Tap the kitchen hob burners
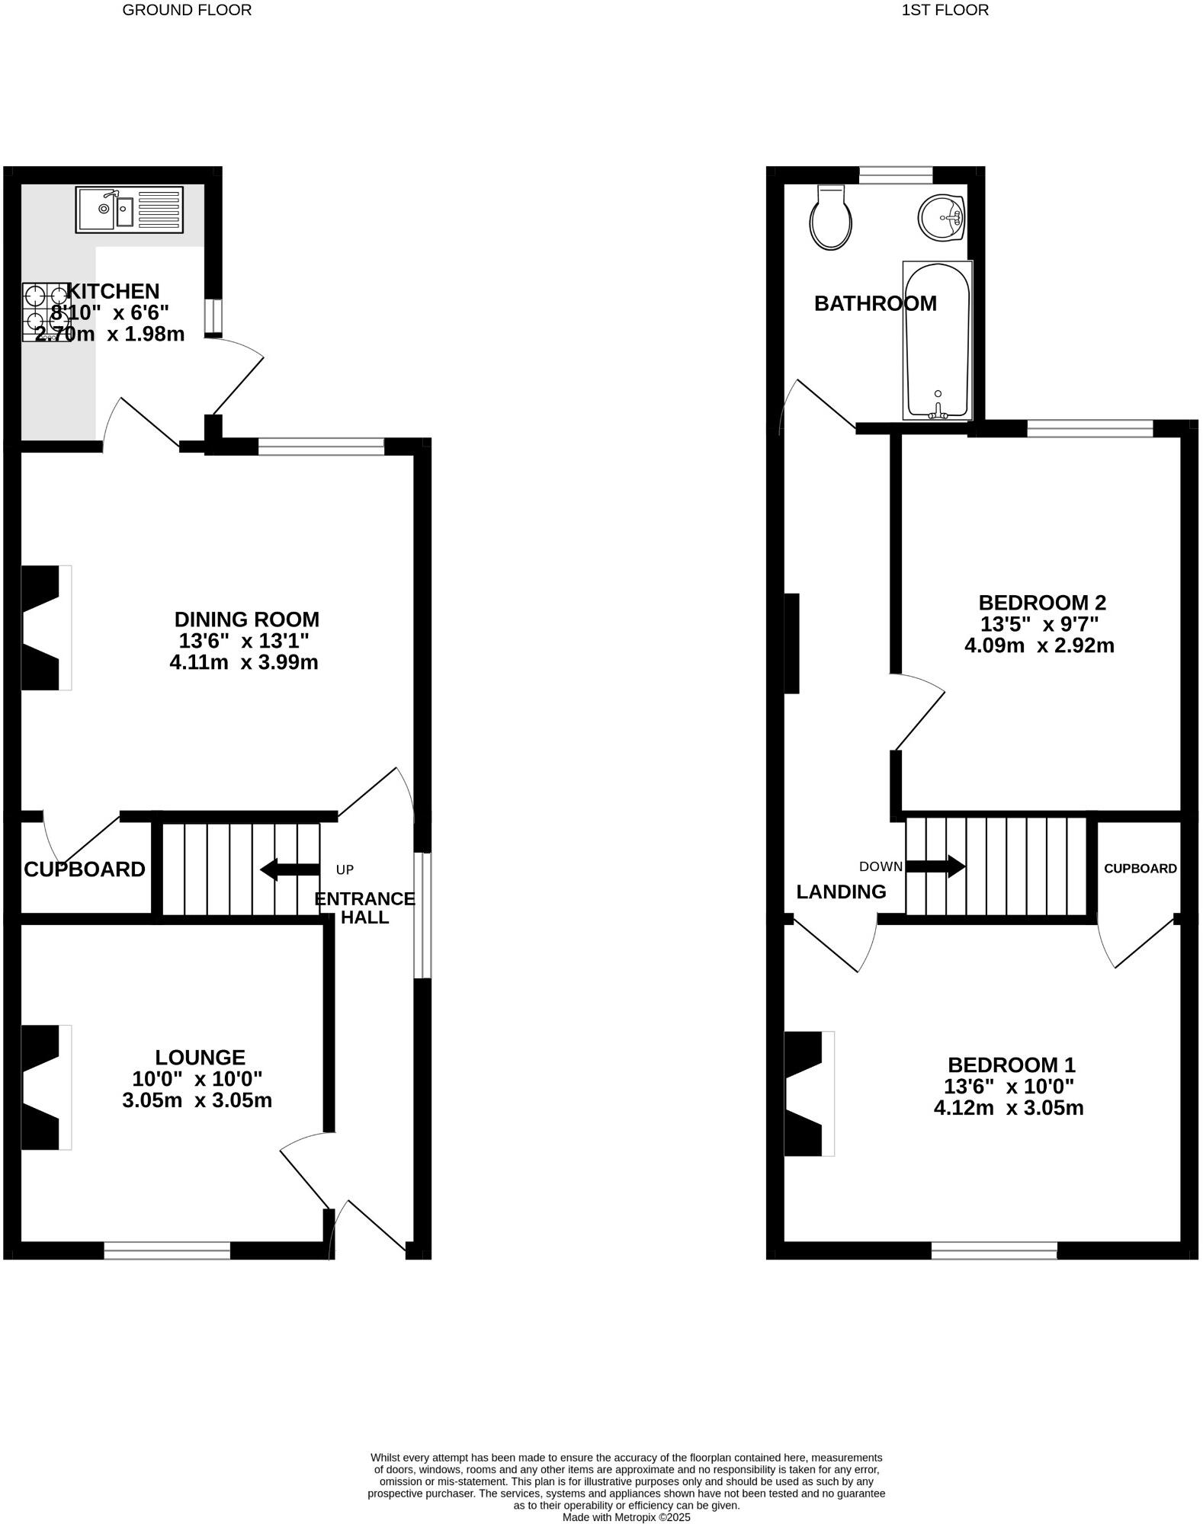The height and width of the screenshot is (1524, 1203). tap(46, 312)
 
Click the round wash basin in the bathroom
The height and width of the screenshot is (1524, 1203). tap(942, 217)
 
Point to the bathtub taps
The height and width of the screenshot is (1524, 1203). tap(938, 411)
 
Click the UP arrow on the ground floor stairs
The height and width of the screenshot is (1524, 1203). tap(290, 869)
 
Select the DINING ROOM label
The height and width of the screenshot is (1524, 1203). tap(246, 619)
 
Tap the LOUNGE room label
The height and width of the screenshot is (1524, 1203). tap(200, 1057)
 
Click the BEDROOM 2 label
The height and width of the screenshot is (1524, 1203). tap(1041, 603)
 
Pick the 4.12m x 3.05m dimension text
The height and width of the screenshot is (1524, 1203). tap(1008, 1108)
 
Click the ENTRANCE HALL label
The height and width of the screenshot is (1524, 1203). tap(364, 908)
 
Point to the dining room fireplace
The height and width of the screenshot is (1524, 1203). tap(44, 628)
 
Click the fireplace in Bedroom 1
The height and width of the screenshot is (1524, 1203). tap(808, 1093)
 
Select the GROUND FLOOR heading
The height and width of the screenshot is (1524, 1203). tap(187, 10)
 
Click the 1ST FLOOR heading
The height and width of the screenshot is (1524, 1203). tap(945, 10)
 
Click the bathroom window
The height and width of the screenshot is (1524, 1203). tap(896, 175)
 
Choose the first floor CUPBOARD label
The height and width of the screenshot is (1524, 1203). tap(1140, 869)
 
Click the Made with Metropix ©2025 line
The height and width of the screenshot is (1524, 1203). tap(626, 1517)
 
